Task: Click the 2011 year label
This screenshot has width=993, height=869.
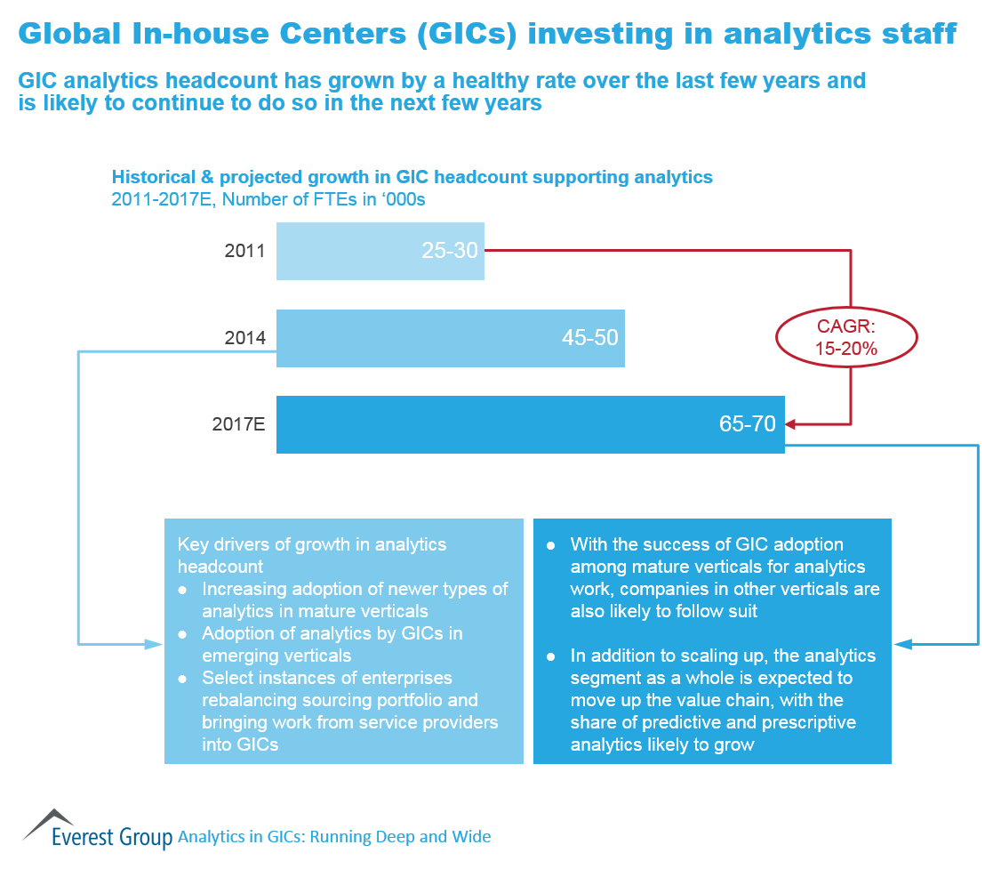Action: coord(244,251)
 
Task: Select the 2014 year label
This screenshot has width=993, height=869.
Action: coord(244,338)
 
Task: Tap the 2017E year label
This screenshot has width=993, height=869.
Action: coord(238,424)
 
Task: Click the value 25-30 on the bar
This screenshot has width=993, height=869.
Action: coord(450,251)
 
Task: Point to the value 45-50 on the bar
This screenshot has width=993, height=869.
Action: coord(589,338)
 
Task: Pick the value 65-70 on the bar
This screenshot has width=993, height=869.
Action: coord(748,424)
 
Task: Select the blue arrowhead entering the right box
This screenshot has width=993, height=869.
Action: coord(900,642)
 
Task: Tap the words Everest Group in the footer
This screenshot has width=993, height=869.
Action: coord(112,837)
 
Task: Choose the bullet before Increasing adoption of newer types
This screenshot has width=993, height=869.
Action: coord(183,590)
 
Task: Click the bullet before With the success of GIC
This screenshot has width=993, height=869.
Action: coord(551,544)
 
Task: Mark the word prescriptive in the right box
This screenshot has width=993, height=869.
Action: coord(805,722)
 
